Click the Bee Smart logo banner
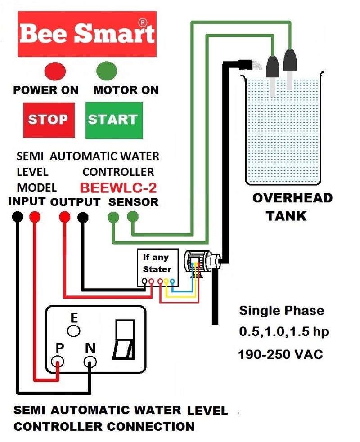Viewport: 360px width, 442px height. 87,34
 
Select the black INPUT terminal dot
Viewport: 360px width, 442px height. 17,217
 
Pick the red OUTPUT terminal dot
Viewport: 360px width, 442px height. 65,217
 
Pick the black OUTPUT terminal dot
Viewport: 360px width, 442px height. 82,217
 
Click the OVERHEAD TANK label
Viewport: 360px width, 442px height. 292,207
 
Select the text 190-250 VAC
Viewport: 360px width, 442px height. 280,354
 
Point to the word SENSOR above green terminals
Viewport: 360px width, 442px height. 134,202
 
